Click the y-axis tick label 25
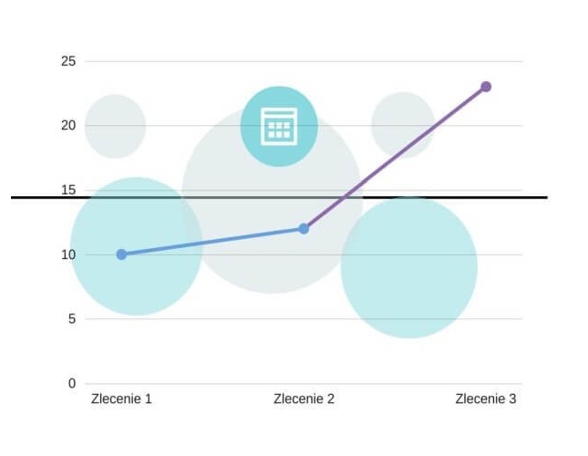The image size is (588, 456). [67, 61]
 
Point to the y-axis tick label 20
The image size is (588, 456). [67, 126]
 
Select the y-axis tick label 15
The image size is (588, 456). [67, 190]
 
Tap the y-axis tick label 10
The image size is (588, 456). [67, 254]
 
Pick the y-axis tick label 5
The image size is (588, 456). [71, 319]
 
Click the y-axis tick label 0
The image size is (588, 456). [71, 383]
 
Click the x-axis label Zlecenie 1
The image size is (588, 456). [121, 399]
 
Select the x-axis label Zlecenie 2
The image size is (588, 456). [304, 399]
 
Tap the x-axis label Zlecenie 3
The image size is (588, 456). [486, 399]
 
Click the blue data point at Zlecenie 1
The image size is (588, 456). [121, 254]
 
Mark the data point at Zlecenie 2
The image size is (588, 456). [304, 229]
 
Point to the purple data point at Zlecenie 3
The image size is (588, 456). [486, 87]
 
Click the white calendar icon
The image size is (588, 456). [279, 126]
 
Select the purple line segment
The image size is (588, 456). [395, 158]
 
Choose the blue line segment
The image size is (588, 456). [212, 242]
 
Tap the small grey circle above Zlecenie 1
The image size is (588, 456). [115, 126]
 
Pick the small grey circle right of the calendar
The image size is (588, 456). [402, 125]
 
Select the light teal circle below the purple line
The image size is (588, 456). [409, 274]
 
